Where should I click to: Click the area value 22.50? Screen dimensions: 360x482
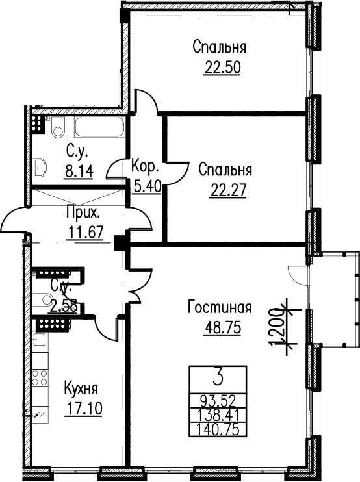pyautogui.click(x=222, y=68)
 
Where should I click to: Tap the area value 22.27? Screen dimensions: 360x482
pyautogui.click(x=228, y=191)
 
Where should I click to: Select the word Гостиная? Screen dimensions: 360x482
pyautogui.click(x=220, y=307)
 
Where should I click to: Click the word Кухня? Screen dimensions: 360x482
pyautogui.click(x=81, y=388)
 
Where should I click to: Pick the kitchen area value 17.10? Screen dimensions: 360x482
pyautogui.click(x=83, y=409)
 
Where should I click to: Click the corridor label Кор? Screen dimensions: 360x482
pyautogui.click(x=145, y=166)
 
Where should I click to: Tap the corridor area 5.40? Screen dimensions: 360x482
pyautogui.click(x=148, y=186)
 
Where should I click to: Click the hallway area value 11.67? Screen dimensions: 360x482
pyautogui.click(x=85, y=233)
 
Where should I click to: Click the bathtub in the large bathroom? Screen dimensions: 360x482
pyautogui.click(x=99, y=127)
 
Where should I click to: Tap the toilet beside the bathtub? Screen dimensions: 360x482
pyautogui.click(x=58, y=128)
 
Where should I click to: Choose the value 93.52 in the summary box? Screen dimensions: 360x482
pyautogui.click(x=218, y=401)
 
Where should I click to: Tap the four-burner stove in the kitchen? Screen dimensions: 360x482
pyautogui.click(x=40, y=378)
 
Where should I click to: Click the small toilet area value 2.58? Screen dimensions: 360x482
pyautogui.click(x=62, y=307)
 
